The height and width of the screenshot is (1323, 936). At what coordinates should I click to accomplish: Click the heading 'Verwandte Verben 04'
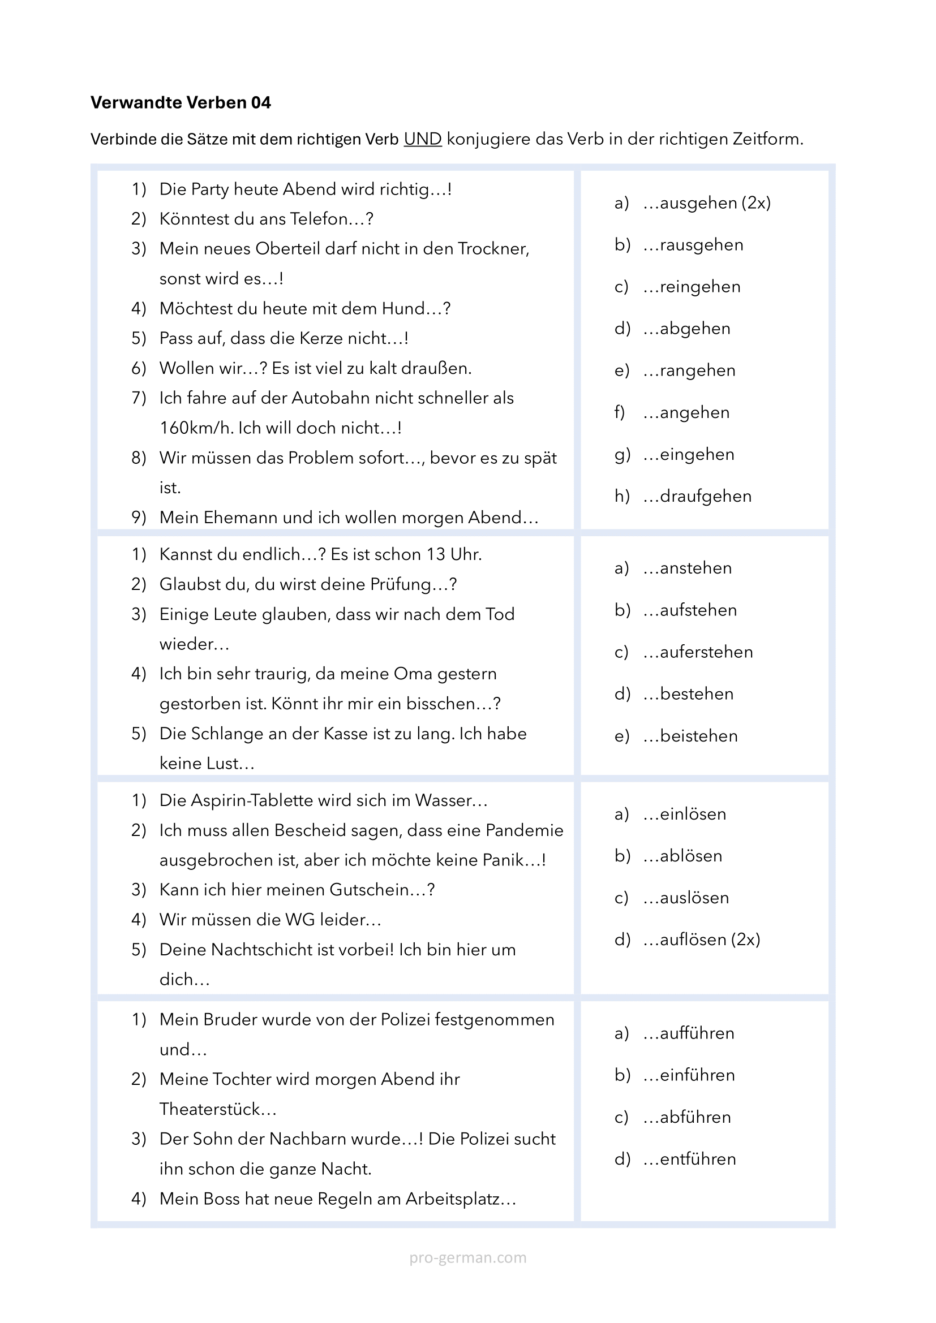[x=181, y=102]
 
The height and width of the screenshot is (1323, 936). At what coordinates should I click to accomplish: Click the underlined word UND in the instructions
[x=423, y=139]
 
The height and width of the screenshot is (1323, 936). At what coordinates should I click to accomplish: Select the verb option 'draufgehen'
[x=705, y=496]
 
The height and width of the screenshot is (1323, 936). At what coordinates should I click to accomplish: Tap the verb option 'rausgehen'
[x=701, y=245]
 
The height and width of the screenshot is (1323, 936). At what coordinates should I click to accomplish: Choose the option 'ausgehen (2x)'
[x=715, y=203]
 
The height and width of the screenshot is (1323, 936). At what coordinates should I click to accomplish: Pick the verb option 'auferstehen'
[x=706, y=652]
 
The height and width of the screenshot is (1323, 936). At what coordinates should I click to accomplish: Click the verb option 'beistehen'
[x=698, y=736]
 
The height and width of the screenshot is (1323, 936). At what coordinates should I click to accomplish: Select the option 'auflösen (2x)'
[x=710, y=940]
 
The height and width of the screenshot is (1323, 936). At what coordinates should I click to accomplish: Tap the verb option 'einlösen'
[x=693, y=813]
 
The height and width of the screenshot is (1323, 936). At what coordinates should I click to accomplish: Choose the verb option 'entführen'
[x=697, y=1159]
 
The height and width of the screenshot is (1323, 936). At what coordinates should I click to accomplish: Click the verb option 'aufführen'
[x=697, y=1033]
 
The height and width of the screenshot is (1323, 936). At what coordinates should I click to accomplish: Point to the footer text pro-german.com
[x=467, y=1257]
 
